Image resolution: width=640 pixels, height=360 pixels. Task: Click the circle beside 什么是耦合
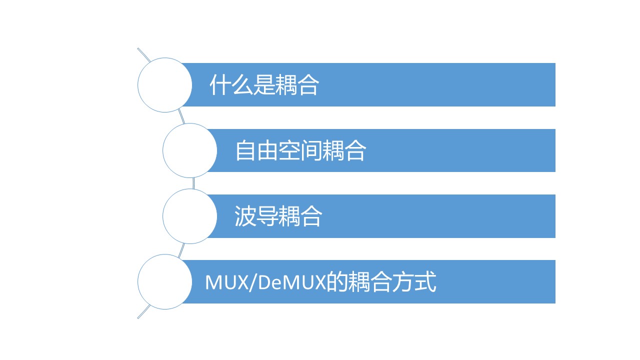tap(164, 84)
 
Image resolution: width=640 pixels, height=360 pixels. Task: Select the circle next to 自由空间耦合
tap(190, 150)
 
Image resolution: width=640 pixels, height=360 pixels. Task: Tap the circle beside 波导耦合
tap(190, 216)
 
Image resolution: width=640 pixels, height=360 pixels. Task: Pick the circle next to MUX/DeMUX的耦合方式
tap(164, 281)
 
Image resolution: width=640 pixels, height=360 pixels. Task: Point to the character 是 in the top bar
tap(264, 85)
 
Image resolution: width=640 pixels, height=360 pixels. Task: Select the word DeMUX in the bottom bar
tap(292, 282)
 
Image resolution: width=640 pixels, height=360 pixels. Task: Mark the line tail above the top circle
tap(142, 54)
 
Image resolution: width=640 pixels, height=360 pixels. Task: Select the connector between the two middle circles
tap(193, 183)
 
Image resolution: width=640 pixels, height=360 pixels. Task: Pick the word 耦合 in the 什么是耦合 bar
tap(297, 85)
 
